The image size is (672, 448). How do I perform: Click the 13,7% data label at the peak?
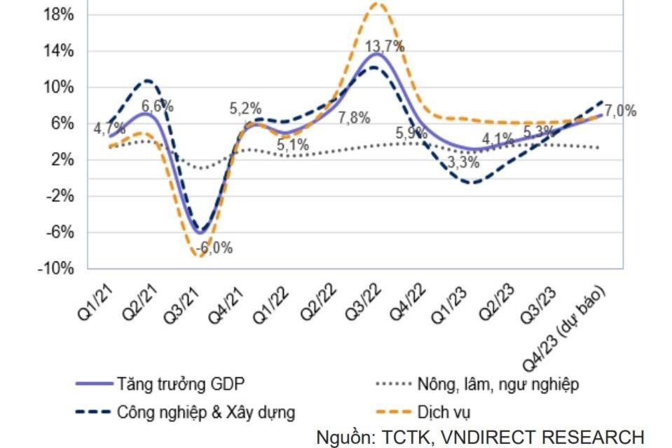(x=385, y=47)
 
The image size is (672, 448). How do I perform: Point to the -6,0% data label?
(x=214, y=247)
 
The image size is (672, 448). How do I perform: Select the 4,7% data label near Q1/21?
(x=109, y=128)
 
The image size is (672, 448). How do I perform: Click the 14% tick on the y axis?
(x=59, y=51)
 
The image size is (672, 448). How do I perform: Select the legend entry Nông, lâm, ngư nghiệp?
(x=497, y=384)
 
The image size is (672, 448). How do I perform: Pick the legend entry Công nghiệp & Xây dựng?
(x=206, y=411)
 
